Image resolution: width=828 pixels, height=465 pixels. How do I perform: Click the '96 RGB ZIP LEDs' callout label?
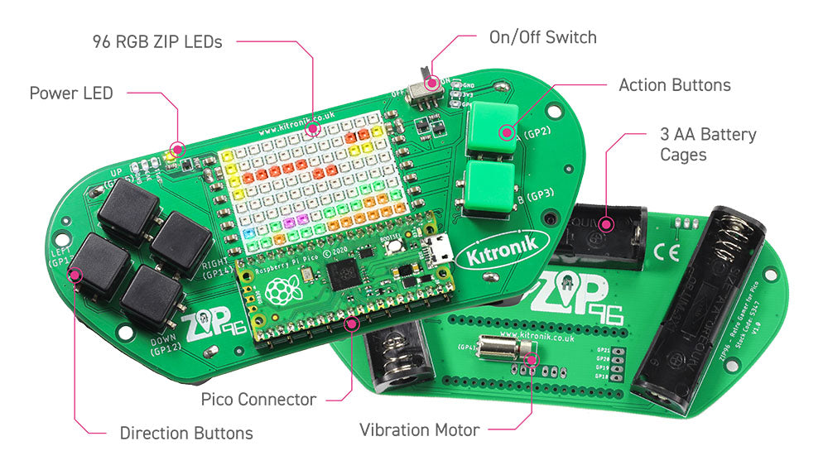(x=157, y=41)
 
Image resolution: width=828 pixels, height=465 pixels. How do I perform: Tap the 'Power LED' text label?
(x=70, y=92)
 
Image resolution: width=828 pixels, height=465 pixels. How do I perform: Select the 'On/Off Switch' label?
(x=542, y=37)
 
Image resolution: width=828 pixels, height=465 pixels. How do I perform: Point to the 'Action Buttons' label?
(x=674, y=85)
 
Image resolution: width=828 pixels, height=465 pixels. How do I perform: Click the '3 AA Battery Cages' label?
(x=708, y=144)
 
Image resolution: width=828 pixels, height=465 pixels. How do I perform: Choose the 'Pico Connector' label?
(x=258, y=400)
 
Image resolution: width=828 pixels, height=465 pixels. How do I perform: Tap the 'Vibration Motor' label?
(x=419, y=430)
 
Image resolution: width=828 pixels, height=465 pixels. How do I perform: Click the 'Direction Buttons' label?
(x=186, y=433)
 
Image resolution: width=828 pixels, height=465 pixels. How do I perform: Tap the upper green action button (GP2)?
(x=493, y=131)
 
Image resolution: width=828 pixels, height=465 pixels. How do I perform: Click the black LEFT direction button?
(x=99, y=266)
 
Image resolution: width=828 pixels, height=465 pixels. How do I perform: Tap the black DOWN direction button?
(x=152, y=299)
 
